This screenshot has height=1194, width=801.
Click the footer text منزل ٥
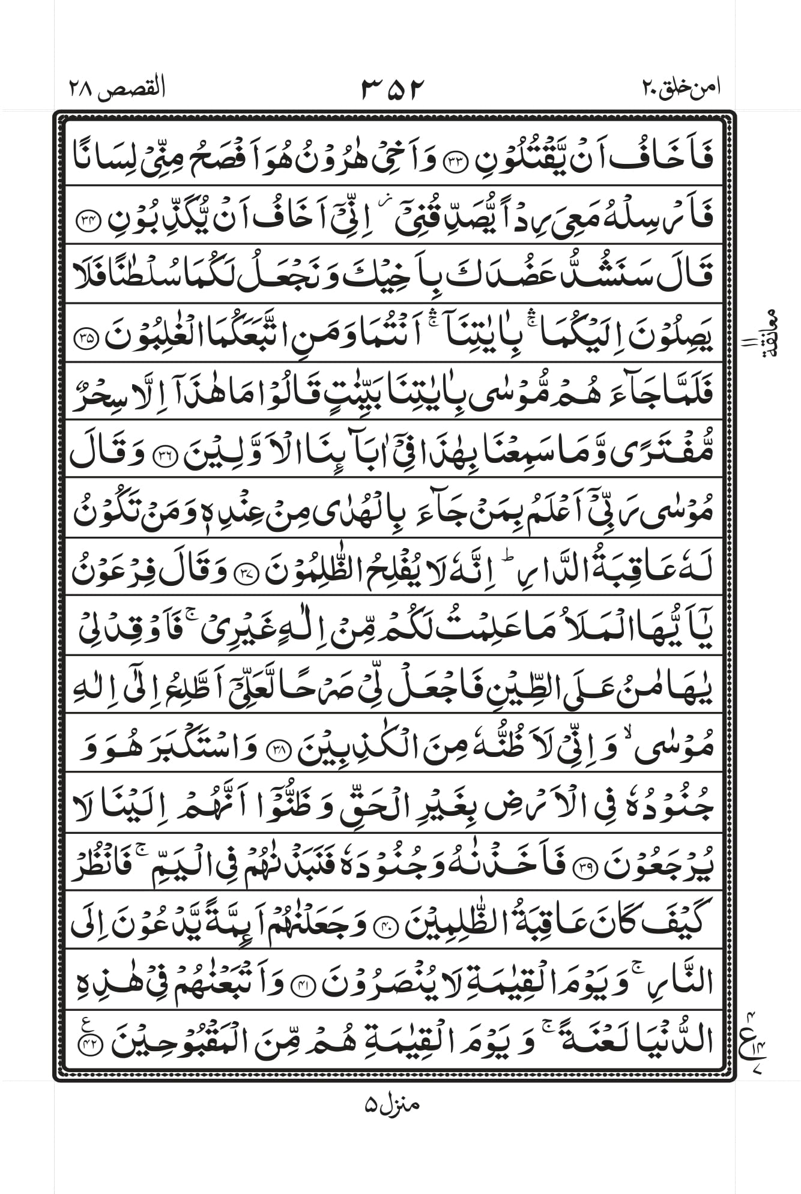click(391, 1104)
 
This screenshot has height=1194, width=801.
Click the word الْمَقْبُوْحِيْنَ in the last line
click(174, 1043)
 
